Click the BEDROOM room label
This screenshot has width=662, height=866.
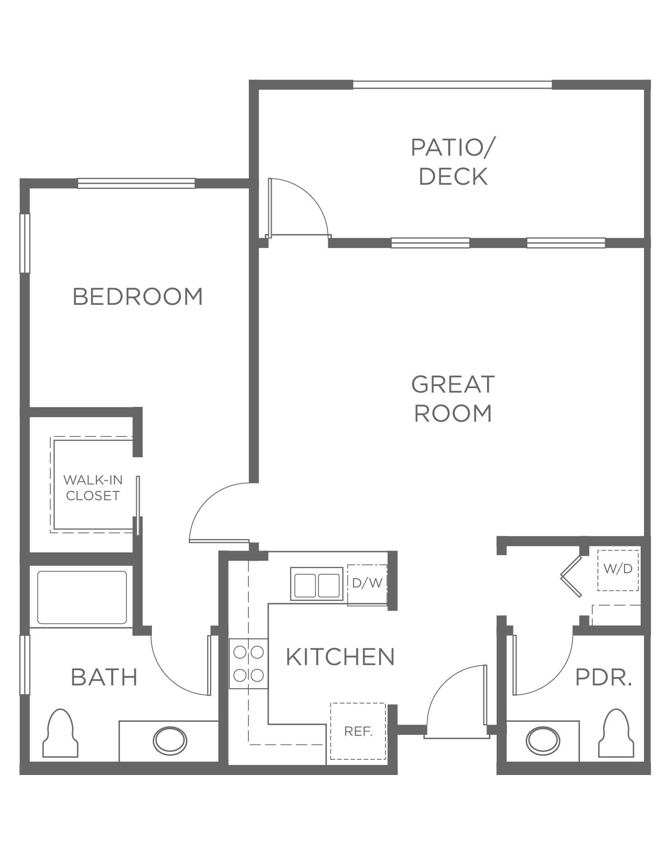(x=138, y=297)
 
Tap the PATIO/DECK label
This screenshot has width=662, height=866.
(x=452, y=162)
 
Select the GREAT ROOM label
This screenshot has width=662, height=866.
(x=452, y=399)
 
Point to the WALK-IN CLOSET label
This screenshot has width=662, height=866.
(x=93, y=488)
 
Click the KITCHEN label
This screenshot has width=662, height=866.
(x=340, y=657)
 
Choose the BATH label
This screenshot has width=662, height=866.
(x=104, y=677)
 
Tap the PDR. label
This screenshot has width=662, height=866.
(x=603, y=678)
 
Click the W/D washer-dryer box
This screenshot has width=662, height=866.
(x=618, y=569)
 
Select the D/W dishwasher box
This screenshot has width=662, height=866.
(x=367, y=584)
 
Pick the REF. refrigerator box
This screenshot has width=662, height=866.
(x=358, y=732)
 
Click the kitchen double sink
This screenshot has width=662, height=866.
(x=317, y=584)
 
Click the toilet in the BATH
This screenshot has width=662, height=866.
(x=60, y=733)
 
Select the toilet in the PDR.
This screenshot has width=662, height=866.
(x=616, y=733)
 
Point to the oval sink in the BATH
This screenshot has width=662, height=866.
(x=170, y=741)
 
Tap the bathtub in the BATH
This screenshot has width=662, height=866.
(x=82, y=598)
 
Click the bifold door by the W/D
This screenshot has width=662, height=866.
(x=572, y=576)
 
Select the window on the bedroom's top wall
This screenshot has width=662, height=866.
(x=136, y=183)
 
